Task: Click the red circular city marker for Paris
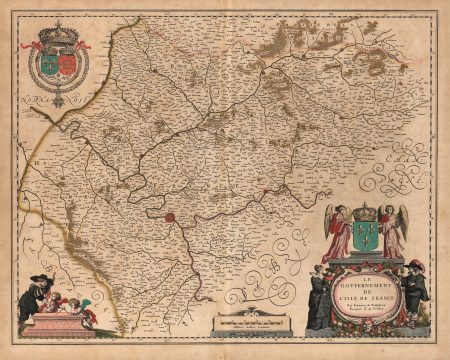pyautogui.click(x=171, y=215)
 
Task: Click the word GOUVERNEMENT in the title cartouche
pyautogui.click(x=365, y=283)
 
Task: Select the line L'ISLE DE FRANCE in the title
pyautogui.click(x=365, y=298)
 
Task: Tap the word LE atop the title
pyautogui.click(x=365, y=275)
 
